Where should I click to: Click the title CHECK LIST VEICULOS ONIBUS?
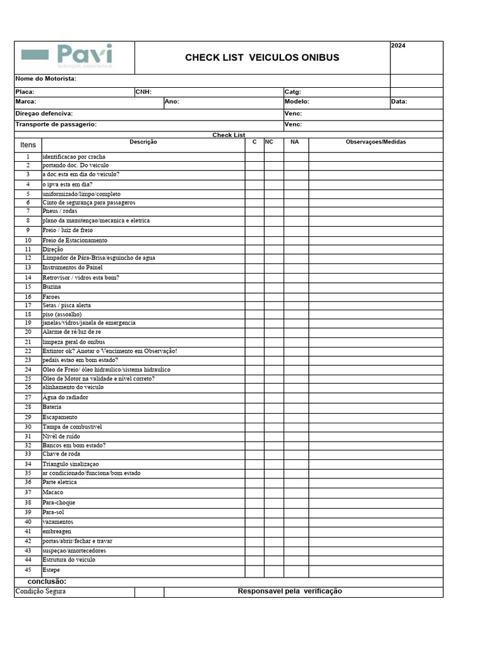[x=262, y=57]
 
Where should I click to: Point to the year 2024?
[x=398, y=45]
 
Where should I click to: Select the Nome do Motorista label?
[x=45, y=78]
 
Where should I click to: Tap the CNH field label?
[x=144, y=92]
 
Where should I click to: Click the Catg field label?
[x=292, y=92]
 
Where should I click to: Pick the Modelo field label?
[x=297, y=101]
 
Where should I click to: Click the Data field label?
[x=398, y=101]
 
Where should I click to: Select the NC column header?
[x=269, y=142]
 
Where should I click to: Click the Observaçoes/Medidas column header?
[x=376, y=142]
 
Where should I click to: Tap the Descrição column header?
[x=143, y=142]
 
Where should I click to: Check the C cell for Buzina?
[x=254, y=287]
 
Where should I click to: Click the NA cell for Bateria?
[x=296, y=408]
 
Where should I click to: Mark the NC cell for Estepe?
[x=273, y=571]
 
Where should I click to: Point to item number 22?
[x=28, y=351]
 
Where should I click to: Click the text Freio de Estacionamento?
[x=75, y=241]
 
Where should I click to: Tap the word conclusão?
[x=47, y=581]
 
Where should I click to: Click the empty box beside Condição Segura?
[x=149, y=592]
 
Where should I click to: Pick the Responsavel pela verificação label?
[x=290, y=591]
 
